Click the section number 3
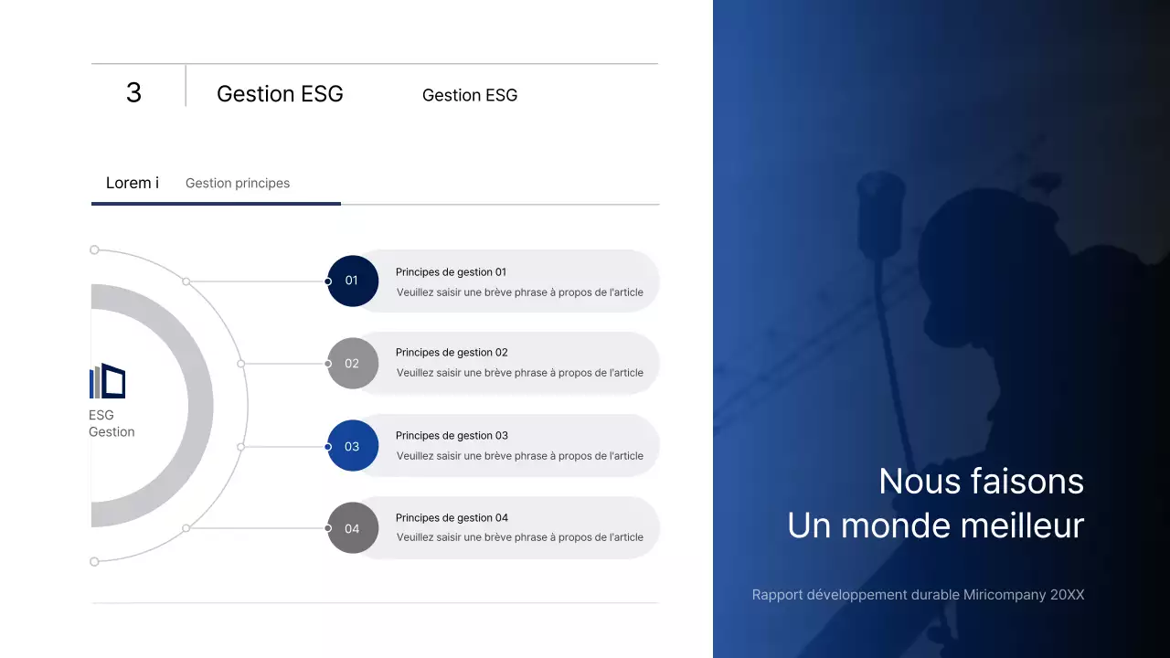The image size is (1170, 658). click(133, 92)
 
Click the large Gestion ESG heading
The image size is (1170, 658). click(280, 94)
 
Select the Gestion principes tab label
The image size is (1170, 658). click(238, 183)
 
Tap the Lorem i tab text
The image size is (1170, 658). click(133, 183)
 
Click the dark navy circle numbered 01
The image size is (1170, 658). click(352, 281)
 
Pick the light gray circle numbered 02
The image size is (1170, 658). click(352, 363)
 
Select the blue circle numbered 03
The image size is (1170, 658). click(352, 447)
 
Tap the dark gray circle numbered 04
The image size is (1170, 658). click(352, 528)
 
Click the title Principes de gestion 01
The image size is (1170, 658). click(451, 272)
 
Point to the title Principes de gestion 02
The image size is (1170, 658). click(452, 353)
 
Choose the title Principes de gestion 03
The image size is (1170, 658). click(452, 436)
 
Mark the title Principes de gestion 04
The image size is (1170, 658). click(452, 518)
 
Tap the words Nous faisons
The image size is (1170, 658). click(981, 482)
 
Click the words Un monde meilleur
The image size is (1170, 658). click(935, 525)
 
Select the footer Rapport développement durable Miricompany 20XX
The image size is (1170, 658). click(918, 595)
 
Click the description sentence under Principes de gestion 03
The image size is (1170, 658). click(519, 456)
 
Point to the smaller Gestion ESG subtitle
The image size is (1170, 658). click(470, 95)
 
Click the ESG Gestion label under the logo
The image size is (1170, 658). click(111, 424)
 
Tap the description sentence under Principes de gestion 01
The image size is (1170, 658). click(519, 292)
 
